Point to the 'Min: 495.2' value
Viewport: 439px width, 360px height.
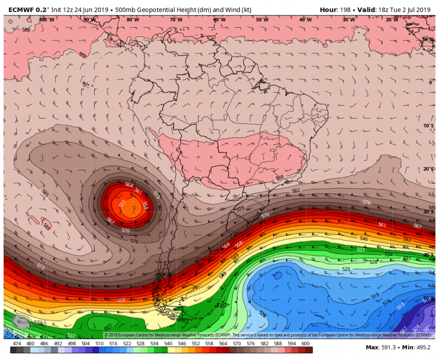(416, 348)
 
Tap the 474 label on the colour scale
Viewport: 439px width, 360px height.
(17, 343)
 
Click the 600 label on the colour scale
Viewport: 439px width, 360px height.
(305, 343)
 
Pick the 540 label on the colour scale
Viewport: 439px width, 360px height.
(168, 343)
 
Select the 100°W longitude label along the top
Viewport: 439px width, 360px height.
(46, 20)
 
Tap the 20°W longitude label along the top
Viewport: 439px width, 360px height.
(392, 20)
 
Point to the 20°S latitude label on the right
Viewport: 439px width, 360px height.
(427, 169)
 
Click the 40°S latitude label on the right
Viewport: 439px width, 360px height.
(427, 255)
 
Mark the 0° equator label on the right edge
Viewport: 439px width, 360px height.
(431, 83)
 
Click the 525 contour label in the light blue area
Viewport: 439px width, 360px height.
(346, 269)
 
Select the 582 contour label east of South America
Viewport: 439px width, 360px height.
(296, 191)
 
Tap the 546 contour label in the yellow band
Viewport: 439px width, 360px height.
(364, 239)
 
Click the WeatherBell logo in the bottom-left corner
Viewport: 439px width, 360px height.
(22, 322)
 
